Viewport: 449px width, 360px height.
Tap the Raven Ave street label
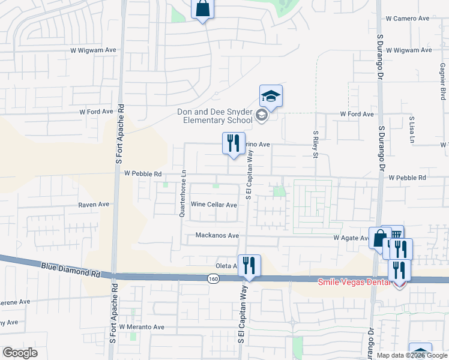[94, 205]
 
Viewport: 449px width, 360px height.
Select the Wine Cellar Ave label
[214, 205]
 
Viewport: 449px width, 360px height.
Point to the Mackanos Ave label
[217, 236]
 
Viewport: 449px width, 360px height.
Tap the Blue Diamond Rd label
[70, 268]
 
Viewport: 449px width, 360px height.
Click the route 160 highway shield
[213, 279]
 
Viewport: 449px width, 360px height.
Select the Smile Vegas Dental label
[354, 281]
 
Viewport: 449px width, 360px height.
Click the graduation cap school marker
[271, 96]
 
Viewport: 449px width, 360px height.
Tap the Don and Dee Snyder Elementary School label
[214, 116]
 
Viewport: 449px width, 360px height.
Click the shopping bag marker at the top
[202, 9]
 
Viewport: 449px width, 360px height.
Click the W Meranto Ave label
[142, 327]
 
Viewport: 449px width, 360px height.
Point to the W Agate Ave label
[351, 238]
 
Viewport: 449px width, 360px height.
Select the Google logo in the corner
[20, 353]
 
